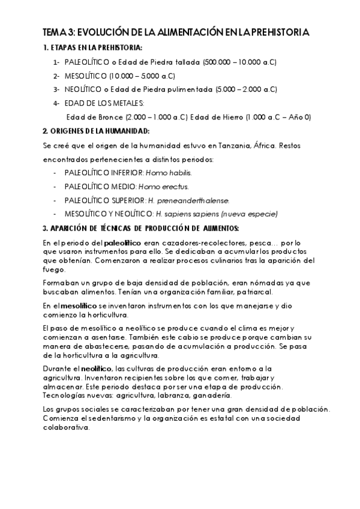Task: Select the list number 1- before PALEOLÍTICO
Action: pos(56,62)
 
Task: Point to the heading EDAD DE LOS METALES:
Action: pos(104,103)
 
